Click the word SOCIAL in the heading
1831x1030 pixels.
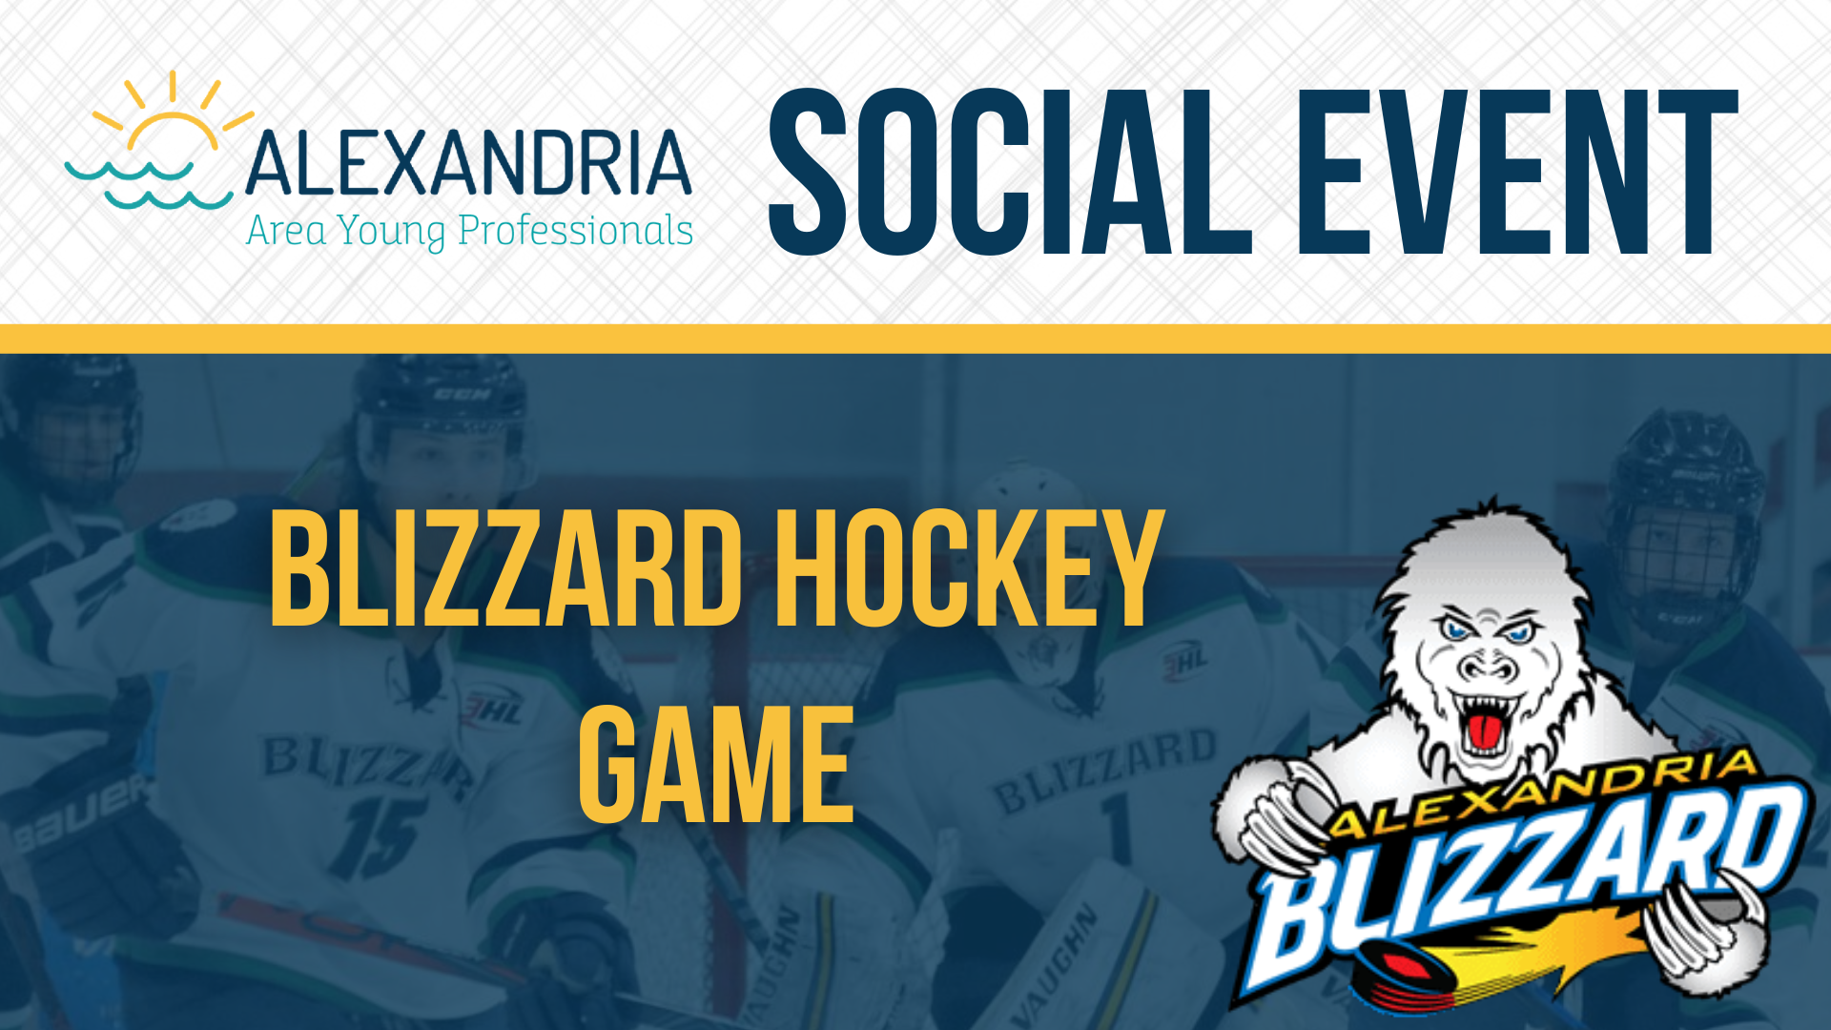1009,172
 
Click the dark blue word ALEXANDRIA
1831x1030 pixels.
468,163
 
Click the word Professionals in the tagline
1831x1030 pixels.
575,231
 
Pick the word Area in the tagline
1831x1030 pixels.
286,232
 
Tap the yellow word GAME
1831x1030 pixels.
716,765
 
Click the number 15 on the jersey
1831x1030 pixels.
377,835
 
